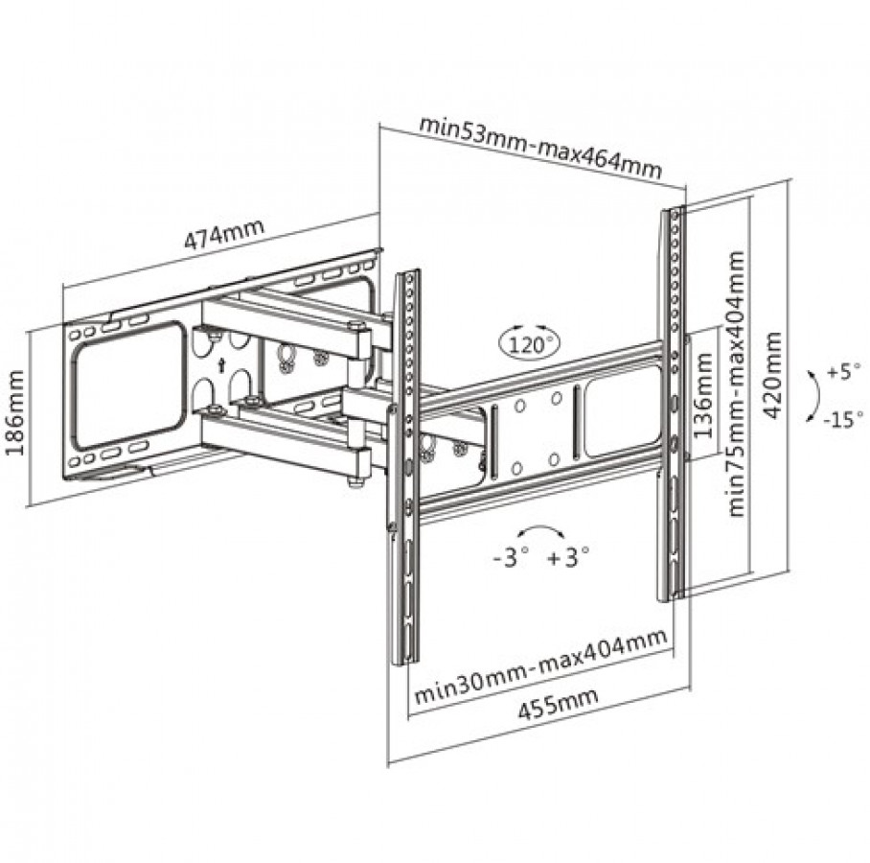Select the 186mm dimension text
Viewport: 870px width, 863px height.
[15, 412]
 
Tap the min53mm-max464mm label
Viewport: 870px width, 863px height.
[540, 146]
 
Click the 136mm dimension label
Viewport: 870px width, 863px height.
[703, 395]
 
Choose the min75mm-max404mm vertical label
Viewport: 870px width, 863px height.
[736, 384]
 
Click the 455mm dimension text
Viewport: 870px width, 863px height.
[559, 703]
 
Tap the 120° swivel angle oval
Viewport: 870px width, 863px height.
[530, 341]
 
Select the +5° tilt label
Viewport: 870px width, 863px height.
[844, 370]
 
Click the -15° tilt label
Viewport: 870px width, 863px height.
[843, 419]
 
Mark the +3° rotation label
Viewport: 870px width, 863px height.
[568, 557]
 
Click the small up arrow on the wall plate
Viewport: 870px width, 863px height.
[221, 365]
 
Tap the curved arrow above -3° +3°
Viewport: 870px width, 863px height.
[541, 531]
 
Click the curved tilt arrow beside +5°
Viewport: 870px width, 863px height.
[815, 396]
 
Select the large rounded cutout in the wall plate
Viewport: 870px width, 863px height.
[128, 386]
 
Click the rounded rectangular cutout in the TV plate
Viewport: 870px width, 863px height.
[623, 411]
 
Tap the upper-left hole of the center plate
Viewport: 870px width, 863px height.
[520, 406]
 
